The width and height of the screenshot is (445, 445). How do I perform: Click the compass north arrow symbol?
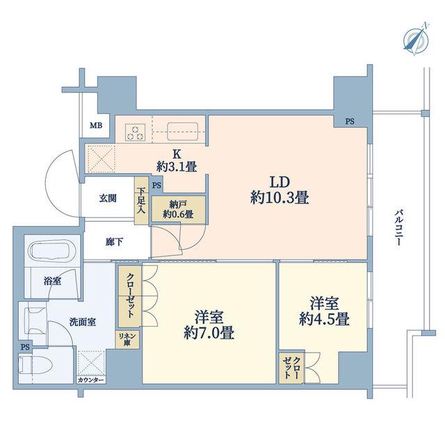(416, 39)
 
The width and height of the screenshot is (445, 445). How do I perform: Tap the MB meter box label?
(96, 125)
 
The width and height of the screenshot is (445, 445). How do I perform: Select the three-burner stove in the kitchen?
(135, 133)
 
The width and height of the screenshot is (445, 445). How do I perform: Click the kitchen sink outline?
(182, 131)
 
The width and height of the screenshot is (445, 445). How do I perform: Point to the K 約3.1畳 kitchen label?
(177, 161)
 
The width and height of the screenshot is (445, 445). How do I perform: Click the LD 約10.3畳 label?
(280, 190)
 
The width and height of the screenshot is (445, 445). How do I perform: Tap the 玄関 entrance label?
(108, 198)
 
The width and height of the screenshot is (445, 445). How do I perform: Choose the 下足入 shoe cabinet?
(141, 200)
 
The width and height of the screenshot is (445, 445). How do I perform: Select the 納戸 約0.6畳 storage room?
(178, 209)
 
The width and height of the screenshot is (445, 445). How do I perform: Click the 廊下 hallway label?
(114, 242)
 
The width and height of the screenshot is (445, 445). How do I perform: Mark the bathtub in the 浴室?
(53, 251)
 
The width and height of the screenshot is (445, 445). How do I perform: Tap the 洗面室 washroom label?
(83, 322)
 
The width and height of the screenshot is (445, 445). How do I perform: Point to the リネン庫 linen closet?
(127, 339)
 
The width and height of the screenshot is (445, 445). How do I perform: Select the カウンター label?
(91, 380)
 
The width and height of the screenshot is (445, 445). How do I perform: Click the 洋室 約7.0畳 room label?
(209, 325)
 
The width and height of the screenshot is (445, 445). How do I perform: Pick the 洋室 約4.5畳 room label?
(324, 311)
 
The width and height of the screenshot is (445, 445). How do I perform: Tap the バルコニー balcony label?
(398, 227)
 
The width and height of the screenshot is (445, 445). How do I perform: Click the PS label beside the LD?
(350, 122)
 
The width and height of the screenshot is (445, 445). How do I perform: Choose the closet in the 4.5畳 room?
(291, 368)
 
